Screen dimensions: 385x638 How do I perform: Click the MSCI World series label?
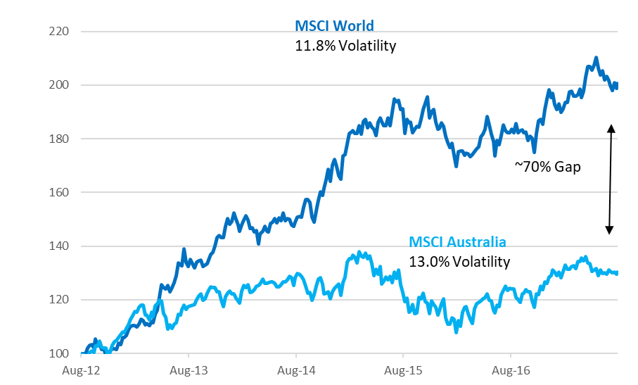pos(334,27)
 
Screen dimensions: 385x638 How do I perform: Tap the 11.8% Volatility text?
pos(345,46)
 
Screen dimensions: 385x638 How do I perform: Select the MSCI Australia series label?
pos(457,242)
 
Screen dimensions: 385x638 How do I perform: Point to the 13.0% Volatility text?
pos(459,262)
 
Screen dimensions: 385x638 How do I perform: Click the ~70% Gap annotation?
pos(548,168)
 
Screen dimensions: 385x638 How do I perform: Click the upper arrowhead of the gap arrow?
pos(611,127)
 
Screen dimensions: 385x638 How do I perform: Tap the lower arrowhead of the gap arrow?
pos(611,231)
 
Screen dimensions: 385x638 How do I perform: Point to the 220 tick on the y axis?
pos(60,32)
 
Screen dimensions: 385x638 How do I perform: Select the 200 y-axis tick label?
pos(60,85)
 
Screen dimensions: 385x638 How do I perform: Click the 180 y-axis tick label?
pos(60,139)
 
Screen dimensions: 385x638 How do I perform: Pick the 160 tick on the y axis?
pos(60,192)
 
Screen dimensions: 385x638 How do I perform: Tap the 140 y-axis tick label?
pos(60,246)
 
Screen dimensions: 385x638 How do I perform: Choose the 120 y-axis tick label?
pos(60,300)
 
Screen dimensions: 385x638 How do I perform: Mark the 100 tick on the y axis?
pos(60,353)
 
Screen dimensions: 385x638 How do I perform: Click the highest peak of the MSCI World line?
pos(596,58)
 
